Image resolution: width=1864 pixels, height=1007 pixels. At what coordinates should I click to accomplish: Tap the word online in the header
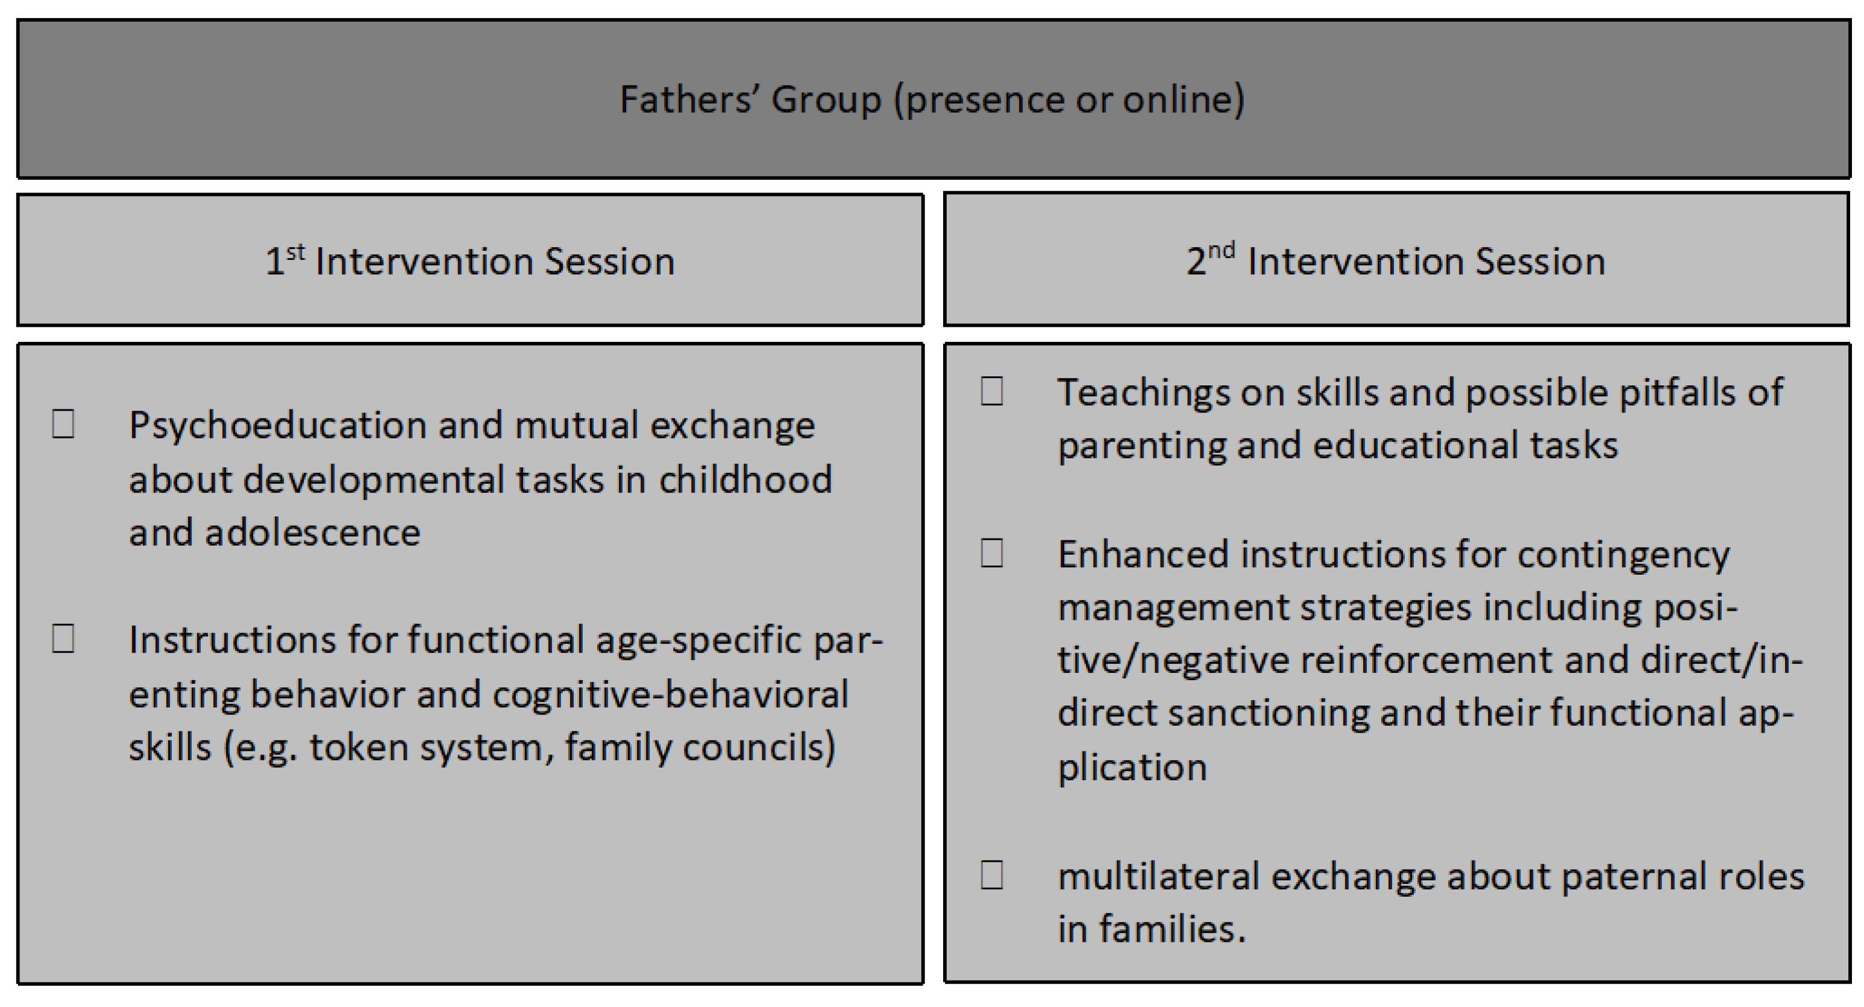click(1184, 99)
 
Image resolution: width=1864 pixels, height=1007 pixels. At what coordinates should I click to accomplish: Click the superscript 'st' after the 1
click(295, 251)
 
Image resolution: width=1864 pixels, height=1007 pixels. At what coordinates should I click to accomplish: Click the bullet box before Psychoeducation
click(63, 423)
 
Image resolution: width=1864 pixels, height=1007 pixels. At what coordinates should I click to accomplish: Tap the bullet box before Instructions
click(63, 639)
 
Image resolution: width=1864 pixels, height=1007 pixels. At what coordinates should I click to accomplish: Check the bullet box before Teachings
click(991, 391)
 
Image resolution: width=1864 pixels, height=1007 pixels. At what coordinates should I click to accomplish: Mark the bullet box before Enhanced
click(991, 553)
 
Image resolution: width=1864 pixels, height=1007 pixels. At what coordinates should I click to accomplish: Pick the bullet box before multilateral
click(991, 874)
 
